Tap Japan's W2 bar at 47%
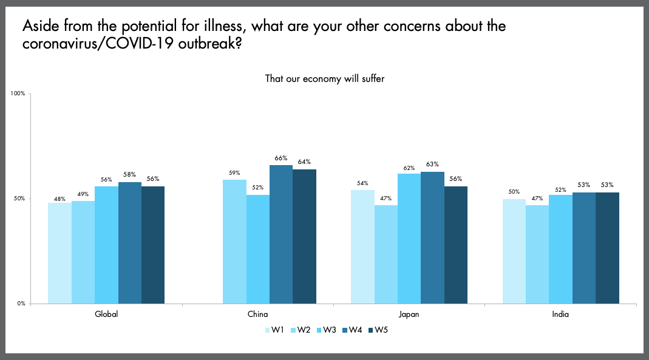(386, 254)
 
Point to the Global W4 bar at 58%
(130, 243)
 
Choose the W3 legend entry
(327, 330)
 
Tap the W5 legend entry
(378, 330)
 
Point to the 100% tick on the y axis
(17, 93)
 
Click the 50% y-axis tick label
(18, 199)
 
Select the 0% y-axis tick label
(19, 304)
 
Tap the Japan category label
(409, 314)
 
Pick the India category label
(560, 314)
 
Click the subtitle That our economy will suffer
(325, 78)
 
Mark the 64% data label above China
(304, 162)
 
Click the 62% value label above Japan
(409, 166)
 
